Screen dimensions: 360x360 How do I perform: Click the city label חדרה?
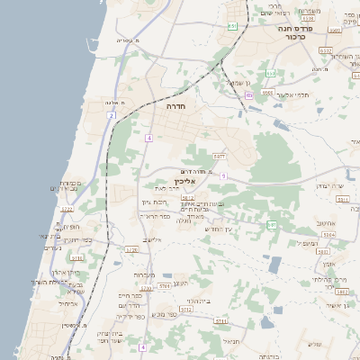coord(175,105)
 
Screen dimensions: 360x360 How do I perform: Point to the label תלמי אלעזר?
coord(292,94)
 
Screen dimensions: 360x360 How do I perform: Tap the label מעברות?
coord(144,274)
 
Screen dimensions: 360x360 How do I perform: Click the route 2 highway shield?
coord(111,115)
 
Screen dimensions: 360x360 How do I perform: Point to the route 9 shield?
coord(223,175)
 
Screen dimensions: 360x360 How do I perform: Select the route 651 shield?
coord(232,26)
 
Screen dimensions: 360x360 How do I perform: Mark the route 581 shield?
coord(272,224)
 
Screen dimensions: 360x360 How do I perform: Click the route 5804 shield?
coord(328,233)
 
